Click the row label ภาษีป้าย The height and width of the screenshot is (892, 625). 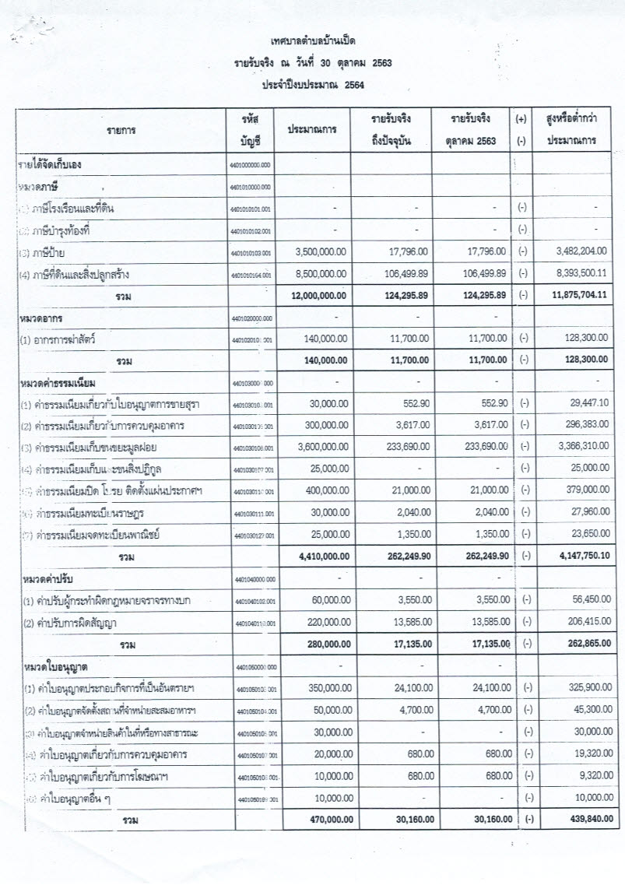click(x=49, y=252)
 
